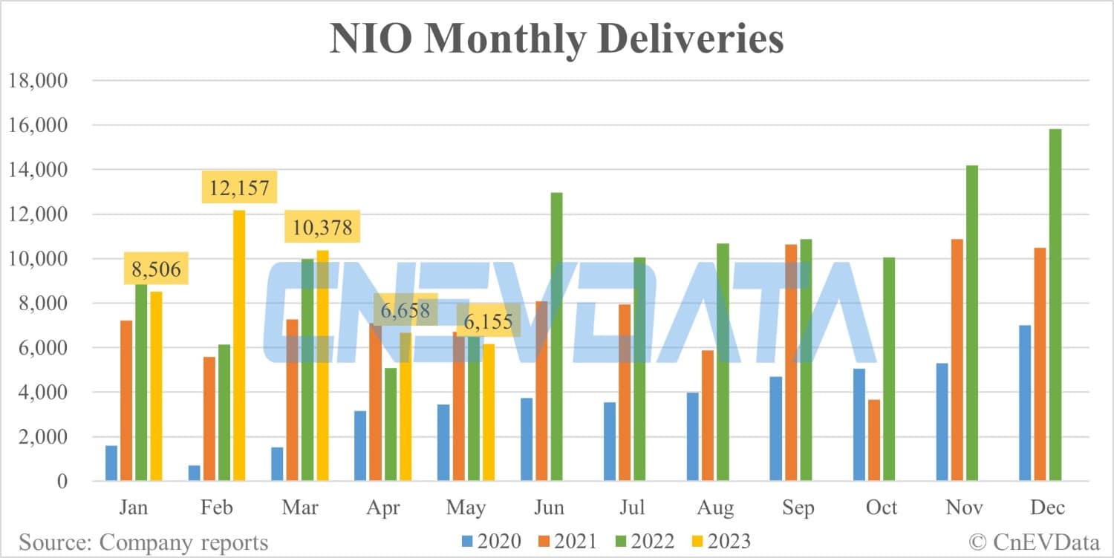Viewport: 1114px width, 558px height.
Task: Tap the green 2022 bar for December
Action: click(x=1055, y=305)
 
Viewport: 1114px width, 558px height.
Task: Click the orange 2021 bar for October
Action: click(x=873, y=440)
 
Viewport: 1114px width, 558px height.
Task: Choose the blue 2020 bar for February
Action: click(x=195, y=473)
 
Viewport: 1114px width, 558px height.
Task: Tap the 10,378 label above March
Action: click(x=322, y=226)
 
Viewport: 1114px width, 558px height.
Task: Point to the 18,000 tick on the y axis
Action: click(x=37, y=80)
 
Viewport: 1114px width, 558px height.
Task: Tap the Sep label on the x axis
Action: click(x=798, y=508)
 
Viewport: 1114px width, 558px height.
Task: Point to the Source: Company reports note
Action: click(x=143, y=542)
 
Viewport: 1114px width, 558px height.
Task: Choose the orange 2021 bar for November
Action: click(x=957, y=360)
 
